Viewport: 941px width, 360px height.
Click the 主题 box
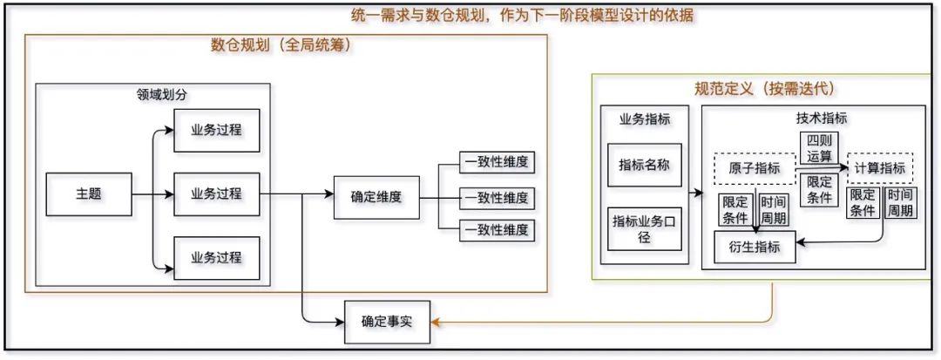click(89, 194)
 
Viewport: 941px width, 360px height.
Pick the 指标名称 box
click(644, 165)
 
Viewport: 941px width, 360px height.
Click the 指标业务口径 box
click(644, 228)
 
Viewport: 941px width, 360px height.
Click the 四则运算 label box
click(819, 148)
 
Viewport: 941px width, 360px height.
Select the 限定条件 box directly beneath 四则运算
click(819, 190)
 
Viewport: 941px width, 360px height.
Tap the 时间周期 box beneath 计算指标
click(901, 203)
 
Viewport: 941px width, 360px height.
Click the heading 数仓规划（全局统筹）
click(281, 45)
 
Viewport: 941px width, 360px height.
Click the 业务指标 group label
click(644, 119)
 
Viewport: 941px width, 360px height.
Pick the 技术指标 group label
click(821, 119)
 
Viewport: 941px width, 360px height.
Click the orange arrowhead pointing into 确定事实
click(434, 323)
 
